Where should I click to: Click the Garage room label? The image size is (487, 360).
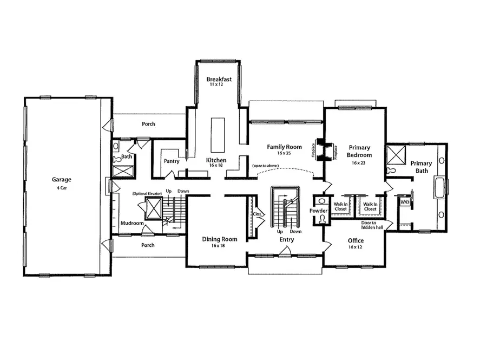62,180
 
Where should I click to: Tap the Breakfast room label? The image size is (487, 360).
219,80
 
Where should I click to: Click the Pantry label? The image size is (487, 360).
172,161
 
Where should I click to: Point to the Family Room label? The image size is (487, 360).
284,147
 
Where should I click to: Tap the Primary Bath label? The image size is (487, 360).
421,167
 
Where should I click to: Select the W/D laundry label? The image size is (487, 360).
404,202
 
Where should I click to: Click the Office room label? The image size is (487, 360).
356,240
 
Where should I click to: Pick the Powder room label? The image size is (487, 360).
319,211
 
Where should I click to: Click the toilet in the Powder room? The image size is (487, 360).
322,219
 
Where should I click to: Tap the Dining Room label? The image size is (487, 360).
220,239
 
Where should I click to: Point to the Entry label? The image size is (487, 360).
287,239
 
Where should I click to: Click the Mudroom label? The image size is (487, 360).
131,222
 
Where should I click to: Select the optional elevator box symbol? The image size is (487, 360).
154,207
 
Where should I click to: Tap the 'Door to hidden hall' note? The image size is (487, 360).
372,225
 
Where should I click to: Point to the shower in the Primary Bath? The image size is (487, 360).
396,154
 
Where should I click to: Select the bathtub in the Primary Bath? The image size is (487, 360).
440,188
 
